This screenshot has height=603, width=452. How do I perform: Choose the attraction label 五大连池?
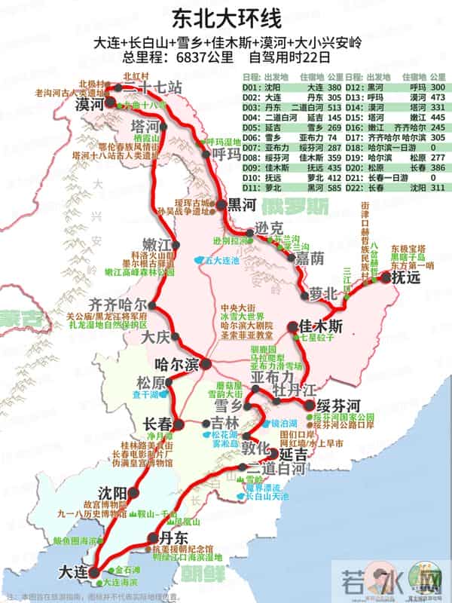221,260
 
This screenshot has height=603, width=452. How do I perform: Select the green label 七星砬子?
317,341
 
